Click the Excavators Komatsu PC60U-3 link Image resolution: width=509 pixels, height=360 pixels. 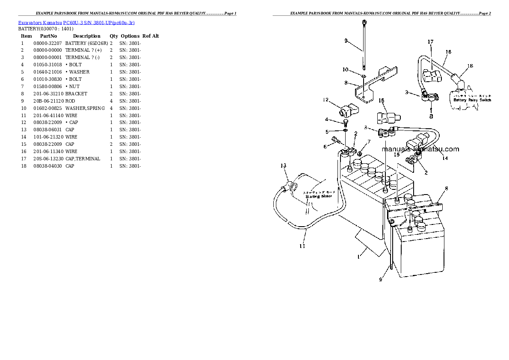(76, 22)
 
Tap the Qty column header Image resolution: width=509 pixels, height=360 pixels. (113, 36)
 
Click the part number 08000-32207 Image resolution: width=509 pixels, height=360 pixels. (47, 43)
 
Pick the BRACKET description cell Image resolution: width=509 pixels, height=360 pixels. (76, 94)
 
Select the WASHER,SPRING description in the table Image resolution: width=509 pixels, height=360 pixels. (85, 108)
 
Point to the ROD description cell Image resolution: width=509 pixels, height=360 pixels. (70, 101)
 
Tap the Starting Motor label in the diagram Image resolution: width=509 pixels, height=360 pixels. (318, 196)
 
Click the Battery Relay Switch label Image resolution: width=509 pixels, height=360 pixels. (472, 100)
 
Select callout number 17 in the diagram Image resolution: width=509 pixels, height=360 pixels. (430, 42)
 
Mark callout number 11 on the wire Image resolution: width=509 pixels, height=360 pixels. (302, 246)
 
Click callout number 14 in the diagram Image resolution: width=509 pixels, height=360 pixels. (445, 158)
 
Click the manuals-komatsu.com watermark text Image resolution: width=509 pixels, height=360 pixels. (420, 149)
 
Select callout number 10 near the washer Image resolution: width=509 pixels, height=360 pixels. (346, 69)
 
